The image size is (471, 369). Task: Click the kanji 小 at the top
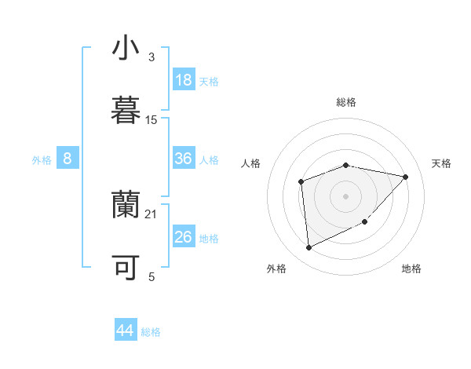pos(126,49)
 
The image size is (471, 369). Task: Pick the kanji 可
pos(126,268)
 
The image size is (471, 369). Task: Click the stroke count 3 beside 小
pos(152,57)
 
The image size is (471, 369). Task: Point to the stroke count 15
pos(152,120)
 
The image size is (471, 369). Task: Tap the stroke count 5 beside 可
pos(152,276)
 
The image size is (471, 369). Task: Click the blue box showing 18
pos(184,80)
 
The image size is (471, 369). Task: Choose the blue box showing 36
pos(184,159)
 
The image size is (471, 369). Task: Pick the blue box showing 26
pos(184,236)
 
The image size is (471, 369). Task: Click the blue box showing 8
pos(68,159)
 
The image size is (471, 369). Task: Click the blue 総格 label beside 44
pos(151,332)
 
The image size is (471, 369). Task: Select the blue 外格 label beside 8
pos(42,160)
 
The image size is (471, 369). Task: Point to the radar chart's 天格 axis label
pos(442,163)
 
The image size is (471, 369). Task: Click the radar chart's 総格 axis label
pos(346,102)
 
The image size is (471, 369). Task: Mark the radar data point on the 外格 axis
pos(309,248)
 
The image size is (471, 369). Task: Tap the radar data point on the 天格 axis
pos(406,177)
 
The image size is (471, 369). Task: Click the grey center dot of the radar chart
pos(346,195)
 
